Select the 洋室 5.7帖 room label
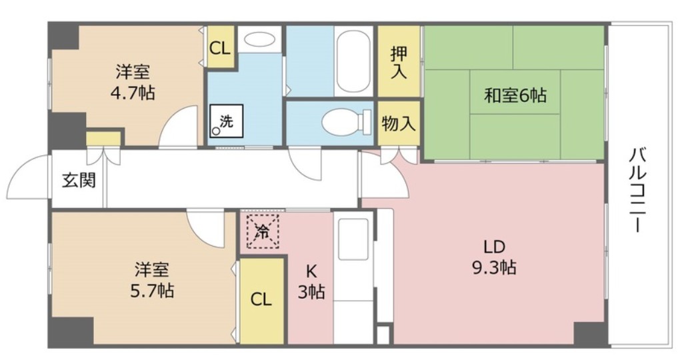coord(153,280)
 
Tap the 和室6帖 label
coord(515,95)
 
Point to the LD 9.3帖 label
coord(493,257)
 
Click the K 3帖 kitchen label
coord(311,281)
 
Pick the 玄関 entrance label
coord(79,181)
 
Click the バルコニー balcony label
coord(637,190)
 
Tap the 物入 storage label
coord(399,123)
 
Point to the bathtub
coord(353,61)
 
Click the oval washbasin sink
coord(259,40)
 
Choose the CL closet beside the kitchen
coord(261,300)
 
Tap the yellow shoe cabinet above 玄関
coord(103,138)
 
